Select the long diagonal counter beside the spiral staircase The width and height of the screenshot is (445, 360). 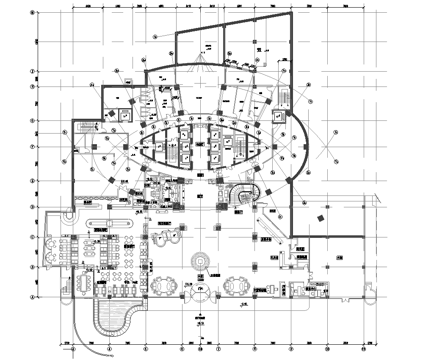[270, 224]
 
